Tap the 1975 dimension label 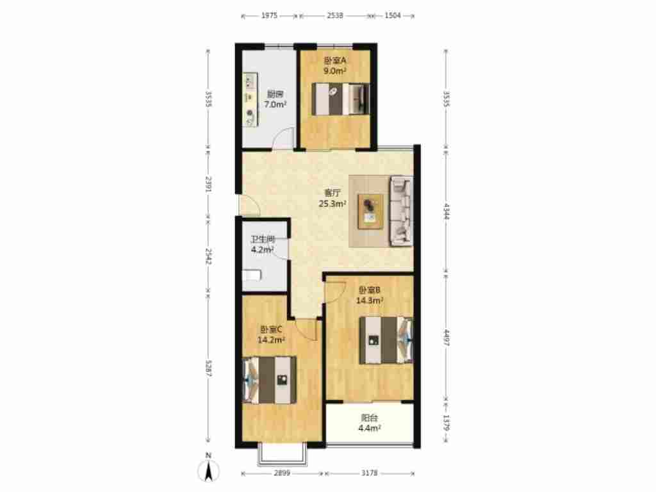click(x=270, y=15)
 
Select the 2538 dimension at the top click(x=335, y=15)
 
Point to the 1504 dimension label click(x=393, y=15)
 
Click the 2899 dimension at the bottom click(x=282, y=473)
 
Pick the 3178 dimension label click(x=369, y=473)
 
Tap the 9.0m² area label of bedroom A click(x=334, y=70)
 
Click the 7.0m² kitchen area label click(x=275, y=104)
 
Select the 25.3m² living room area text click(x=332, y=204)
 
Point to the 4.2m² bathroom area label click(x=262, y=250)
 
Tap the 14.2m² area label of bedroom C click(x=271, y=340)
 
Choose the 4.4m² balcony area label click(x=370, y=427)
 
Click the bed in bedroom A click(x=341, y=99)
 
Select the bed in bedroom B click(x=386, y=340)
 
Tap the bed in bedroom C click(x=270, y=380)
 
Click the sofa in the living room click(x=401, y=211)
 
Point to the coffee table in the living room click(x=370, y=211)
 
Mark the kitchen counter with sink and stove click(x=250, y=99)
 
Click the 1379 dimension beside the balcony click(x=446, y=423)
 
